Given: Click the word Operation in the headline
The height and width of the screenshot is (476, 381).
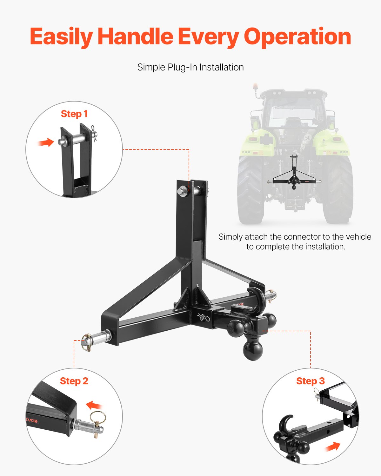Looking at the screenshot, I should [x=297, y=37].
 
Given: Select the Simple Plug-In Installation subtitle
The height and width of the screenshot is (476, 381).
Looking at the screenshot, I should [x=190, y=67].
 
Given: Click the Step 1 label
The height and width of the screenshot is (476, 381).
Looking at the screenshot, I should [x=74, y=114].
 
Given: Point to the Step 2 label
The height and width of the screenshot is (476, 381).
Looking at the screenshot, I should [x=74, y=381].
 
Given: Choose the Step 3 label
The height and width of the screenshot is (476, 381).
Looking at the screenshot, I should [x=310, y=381].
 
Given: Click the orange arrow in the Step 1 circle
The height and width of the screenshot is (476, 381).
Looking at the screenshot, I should [x=46, y=142].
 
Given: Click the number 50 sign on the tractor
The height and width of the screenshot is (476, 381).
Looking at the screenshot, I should [x=307, y=138].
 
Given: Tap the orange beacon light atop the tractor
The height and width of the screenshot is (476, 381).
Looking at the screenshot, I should [x=255, y=87].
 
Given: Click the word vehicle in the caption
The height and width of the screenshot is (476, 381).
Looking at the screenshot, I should [x=358, y=237].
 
